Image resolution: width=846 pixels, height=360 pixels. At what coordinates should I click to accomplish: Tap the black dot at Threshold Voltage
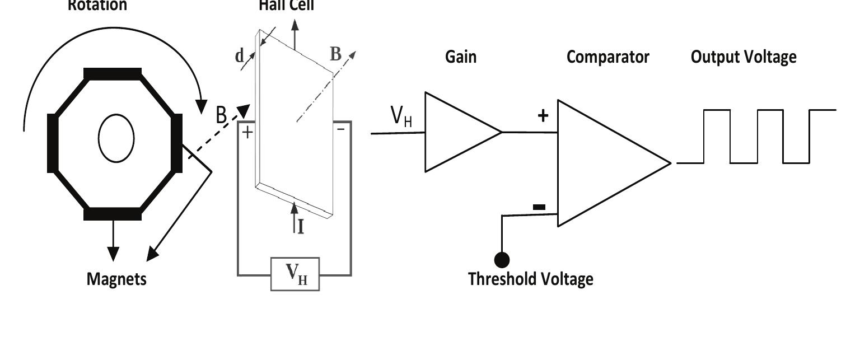[x=502, y=260]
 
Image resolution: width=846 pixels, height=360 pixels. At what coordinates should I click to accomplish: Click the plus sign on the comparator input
[x=543, y=116]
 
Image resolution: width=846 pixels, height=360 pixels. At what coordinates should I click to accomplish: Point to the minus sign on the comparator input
[x=539, y=207]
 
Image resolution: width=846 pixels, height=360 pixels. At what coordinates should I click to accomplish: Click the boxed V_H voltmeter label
[x=296, y=274]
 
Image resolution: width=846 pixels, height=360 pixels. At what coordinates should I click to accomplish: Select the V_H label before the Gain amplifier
[x=401, y=116]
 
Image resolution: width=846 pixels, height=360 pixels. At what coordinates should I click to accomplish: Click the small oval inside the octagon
[x=116, y=138]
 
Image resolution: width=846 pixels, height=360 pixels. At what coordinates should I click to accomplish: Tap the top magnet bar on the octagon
[x=113, y=74]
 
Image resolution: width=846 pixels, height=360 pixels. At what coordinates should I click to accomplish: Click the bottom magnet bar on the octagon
[x=113, y=213]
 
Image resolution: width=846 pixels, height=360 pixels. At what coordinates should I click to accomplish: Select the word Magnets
[x=116, y=279]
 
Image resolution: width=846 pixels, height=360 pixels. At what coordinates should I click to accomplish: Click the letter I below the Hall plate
[x=301, y=227]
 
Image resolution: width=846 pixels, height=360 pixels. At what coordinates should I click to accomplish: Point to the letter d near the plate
[x=240, y=55]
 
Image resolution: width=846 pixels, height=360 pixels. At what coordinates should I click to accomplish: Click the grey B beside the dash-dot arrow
[x=335, y=54]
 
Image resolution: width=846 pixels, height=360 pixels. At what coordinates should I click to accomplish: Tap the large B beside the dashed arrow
[x=222, y=115]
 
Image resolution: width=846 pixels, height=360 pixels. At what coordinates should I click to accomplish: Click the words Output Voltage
[x=744, y=57]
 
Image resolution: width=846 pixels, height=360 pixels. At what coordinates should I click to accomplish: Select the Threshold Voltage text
[x=530, y=279]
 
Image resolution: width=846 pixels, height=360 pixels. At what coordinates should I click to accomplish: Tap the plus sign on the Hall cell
[x=247, y=132]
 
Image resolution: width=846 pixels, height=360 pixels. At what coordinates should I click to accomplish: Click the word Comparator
[x=607, y=57]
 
